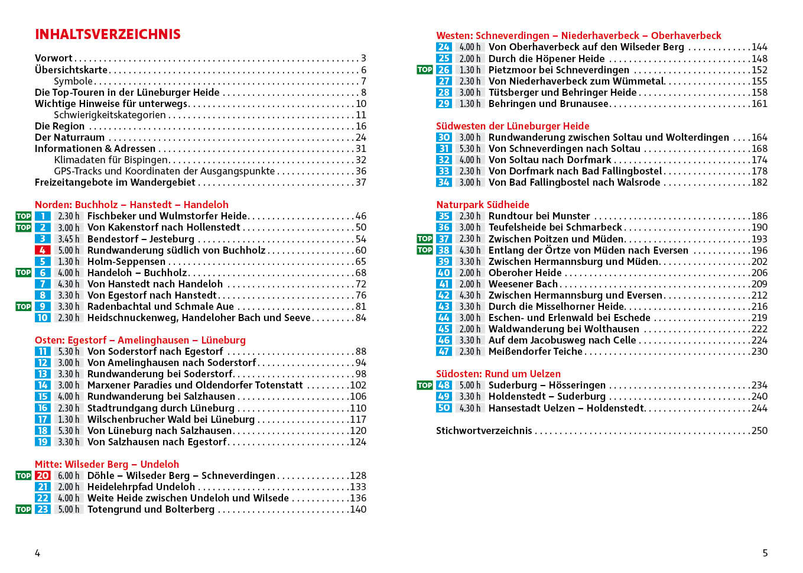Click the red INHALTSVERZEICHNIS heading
pyautogui.click(x=108, y=34)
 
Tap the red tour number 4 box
pyautogui.click(x=43, y=250)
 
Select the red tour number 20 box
pyautogui.click(x=43, y=475)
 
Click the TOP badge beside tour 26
pyautogui.click(x=424, y=70)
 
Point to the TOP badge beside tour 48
pyautogui.click(x=424, y=385)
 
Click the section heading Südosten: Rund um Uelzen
pyautogui.click(x=498, y=374)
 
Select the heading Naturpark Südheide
pyautogui.click(x=482, y=205)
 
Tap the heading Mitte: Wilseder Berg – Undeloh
pyautogui.click(x=106, y=464)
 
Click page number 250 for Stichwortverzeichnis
pyautogui.click(x=759, y=430)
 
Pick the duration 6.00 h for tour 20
pyautogui.click(x=68, y=475)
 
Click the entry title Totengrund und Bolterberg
pyautogui.click(x=151, y=509)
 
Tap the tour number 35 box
pyautogui.click(x=444, y=216)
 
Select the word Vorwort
pyautogui.click(x=53, y=58)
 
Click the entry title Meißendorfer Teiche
pyautogui.click(x=535, y=351)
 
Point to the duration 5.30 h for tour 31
pyautogui.click(x=470, y=148)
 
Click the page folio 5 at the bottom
pyautogui.click(x=765, y=553)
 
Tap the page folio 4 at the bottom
pyautogui.click(x=37, y=553)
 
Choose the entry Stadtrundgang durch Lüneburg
pyautogui.click(x=161, y=408)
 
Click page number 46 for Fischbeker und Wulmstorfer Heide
pyautogui.click(x=360, y=216)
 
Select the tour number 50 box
pyautogui.click(x=444, y=408)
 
